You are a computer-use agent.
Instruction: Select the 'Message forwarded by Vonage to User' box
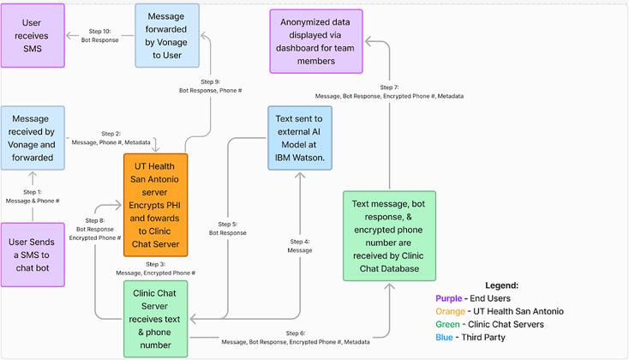pyautogui.click(x=167, y=34)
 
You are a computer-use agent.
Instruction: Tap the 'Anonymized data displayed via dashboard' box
pyautogui.click(x=316, y=40)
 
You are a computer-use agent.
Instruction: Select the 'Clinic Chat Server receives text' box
pyautogui.click(x=155, y=318)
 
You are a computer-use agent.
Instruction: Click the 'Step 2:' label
pyautogui.click(x=111, y=134)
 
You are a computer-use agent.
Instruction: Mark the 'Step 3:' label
pyautogui.click(x=155, y=264)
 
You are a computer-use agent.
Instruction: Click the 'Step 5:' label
pyautogui.click(x=227, y=224)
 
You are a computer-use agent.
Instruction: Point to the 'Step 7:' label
pyautogui.click(x=389, y=87)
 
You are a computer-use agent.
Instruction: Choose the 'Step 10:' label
pyautogui.click(x=99, y=31)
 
